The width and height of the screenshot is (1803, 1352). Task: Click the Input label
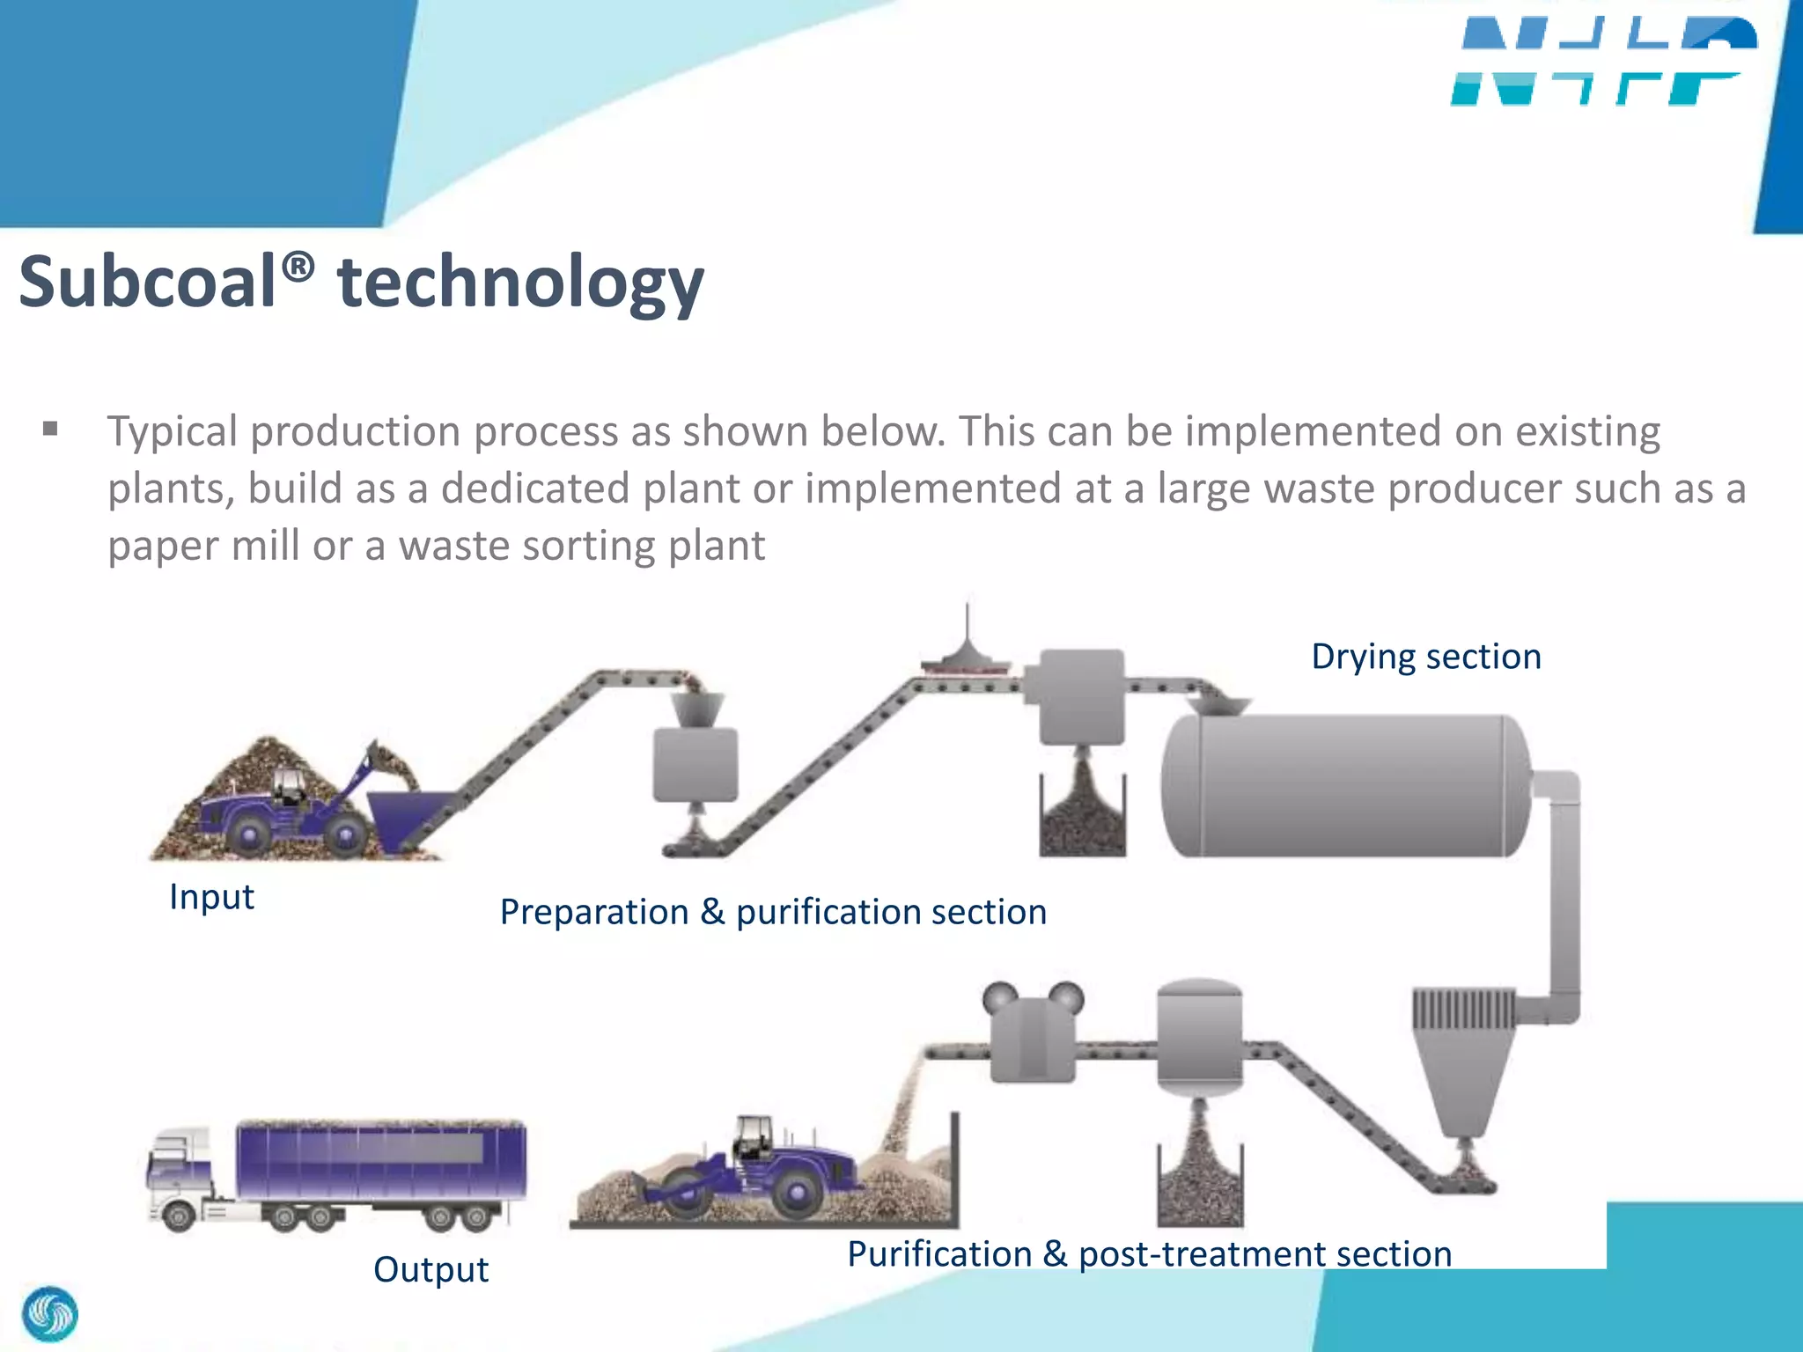[x=211, y=897]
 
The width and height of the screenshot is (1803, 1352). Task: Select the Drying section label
[x=1425, y=657]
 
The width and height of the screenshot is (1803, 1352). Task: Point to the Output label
[x=431, y=1269]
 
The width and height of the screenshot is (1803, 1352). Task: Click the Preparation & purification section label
[x=773, y=912]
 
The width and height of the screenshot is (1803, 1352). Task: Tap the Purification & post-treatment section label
[x=1149, y=1253]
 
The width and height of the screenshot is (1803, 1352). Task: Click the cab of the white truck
[x=180, y=1171]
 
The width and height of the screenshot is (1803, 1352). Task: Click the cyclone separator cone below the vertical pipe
[x=1462, y=1083]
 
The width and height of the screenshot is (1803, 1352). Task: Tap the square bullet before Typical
[x=50, y=430]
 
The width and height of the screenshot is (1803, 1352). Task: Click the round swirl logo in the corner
[x=50, y=1314]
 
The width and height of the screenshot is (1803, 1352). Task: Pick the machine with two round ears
[x=1033, y=1034]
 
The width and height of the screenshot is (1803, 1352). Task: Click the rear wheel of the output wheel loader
[x=796, y=1193]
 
